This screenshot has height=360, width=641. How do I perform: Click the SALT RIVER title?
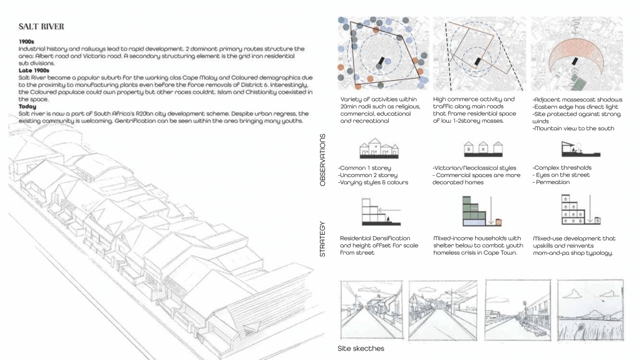41,27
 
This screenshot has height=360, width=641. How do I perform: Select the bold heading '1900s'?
26,42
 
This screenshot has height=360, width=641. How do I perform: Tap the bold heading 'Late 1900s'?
32,69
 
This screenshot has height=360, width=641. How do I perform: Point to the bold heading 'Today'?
27,107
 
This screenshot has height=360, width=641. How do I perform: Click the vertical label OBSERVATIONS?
324,159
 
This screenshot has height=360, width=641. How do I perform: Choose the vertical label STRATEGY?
324,238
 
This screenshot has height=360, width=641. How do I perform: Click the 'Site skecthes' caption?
361,348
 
